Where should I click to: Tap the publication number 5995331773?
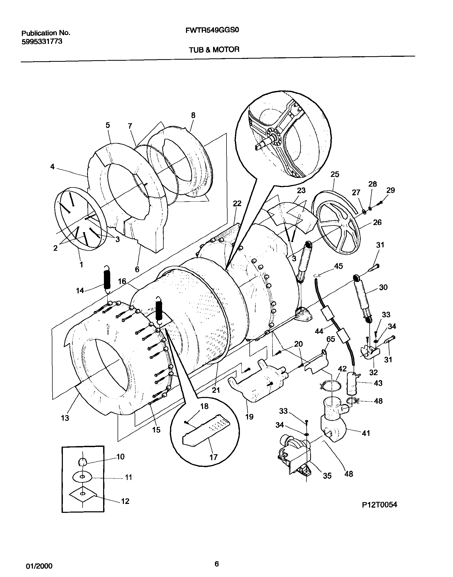point(42,42)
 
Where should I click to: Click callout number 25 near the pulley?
point(335,174)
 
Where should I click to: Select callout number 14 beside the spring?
point(80,291)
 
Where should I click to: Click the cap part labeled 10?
point(82,461)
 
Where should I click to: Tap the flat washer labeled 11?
point(83,477)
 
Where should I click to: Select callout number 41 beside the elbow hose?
point(366,433)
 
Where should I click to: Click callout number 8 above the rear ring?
point(193,115)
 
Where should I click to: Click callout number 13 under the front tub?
point(65,418)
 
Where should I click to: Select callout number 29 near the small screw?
point(390,190)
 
